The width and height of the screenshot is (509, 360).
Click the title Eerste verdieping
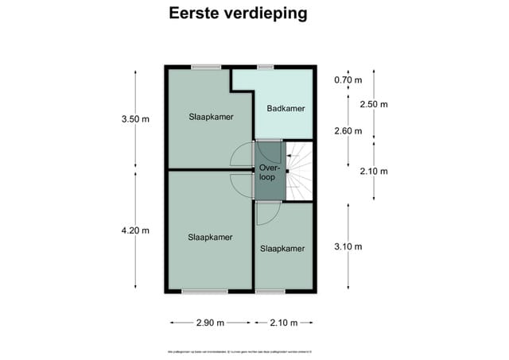tap(238, 14)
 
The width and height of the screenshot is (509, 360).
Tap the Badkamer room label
tap(286, 109)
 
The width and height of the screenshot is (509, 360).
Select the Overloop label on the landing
tap(267, 172)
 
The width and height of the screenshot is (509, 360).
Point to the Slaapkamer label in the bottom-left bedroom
tap(210, 237)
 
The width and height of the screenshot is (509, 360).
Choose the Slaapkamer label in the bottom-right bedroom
tap(282, 249)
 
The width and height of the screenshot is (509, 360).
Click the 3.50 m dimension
tap(135, 119)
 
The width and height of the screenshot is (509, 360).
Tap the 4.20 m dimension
tap(135, 230)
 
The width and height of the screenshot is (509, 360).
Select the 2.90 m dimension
tap(210, 323)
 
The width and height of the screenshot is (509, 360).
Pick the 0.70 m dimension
tap(348, 79)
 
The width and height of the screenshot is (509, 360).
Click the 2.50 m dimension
tap(374, 104)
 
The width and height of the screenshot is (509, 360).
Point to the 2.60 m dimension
tap(348, 131)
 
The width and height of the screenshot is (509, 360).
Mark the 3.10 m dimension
tap(348, 246)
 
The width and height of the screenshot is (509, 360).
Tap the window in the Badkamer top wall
tap(266, 67)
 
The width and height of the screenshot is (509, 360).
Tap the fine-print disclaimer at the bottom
tap(239, 349)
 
